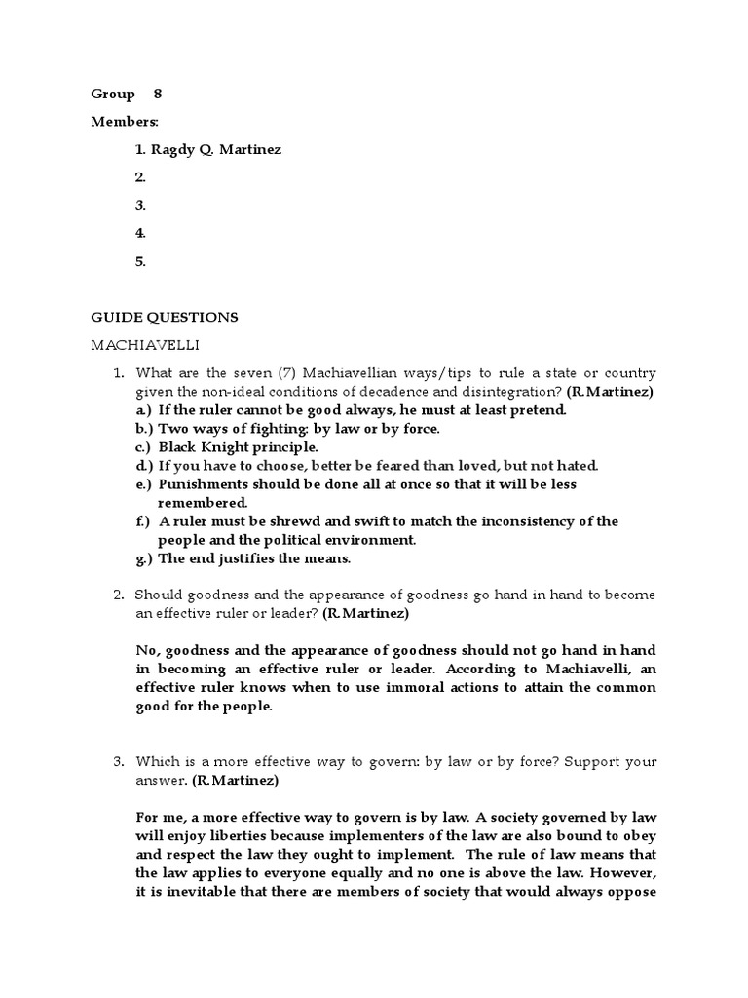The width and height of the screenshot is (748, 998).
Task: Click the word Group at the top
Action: tap(113, 94)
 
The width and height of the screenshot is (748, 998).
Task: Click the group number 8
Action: tap(158, 94)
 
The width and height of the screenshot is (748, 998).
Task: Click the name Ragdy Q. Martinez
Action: tap(218, 149)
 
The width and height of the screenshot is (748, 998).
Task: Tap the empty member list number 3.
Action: tap(141, 205)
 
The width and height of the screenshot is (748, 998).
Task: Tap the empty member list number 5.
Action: tap(141, 261)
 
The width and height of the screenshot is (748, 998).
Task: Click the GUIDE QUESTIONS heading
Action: tap(164, 317)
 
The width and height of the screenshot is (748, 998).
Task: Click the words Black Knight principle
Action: tap(239, 446)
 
